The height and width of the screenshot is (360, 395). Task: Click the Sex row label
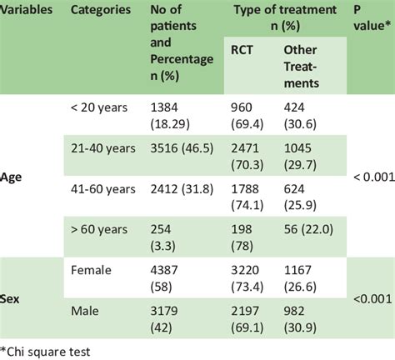point(12,297)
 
